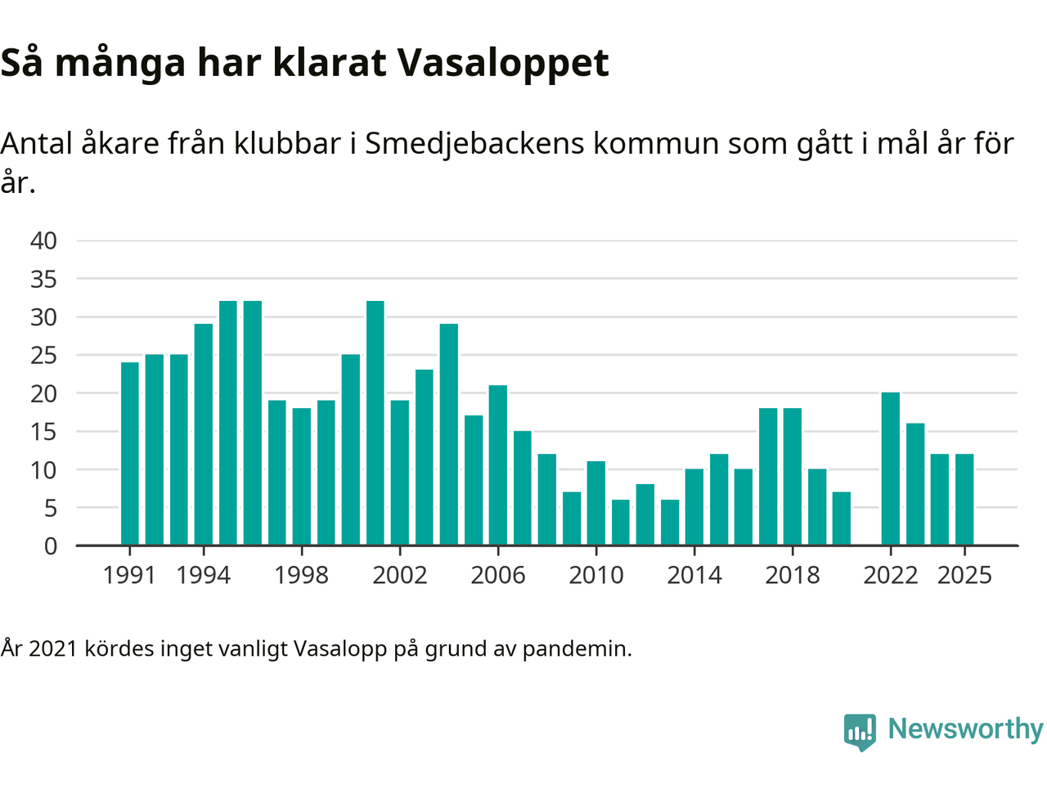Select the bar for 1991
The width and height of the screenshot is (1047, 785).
click(130, 454)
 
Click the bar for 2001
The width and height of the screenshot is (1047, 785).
click(375, 423)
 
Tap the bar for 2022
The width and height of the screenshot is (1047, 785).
click(891, 469)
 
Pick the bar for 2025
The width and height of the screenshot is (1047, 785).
click(964, 499)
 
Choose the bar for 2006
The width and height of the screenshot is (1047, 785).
click(498, 465)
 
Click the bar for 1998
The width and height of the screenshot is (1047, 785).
click(302, 477)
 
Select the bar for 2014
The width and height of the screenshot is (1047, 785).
click(694, 507)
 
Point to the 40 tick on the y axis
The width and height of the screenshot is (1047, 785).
click(44, 240)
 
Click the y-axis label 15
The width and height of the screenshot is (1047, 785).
click(44, 432)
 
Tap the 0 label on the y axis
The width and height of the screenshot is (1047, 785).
click(51, 546)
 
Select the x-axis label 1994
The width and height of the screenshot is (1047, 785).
click(204, 576)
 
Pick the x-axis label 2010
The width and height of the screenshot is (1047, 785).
click(596, 576)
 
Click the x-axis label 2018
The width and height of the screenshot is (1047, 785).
click(793, 576)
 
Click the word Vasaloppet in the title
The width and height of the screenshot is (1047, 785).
click(503, 63)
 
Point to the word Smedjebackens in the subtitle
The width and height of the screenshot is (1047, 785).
click(474, 144)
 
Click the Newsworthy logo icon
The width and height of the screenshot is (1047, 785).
click(860, 731)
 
